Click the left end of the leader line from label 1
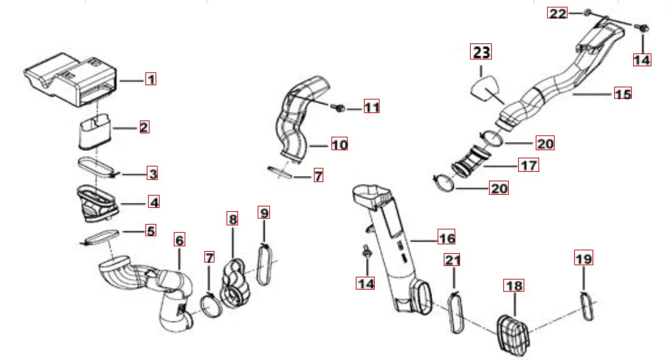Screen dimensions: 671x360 (120, 80)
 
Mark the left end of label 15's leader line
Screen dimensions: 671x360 (572, 94)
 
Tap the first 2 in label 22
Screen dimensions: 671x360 (553, 14)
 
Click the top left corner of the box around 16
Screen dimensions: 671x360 (438, 229)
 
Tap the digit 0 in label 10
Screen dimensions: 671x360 (344, 145)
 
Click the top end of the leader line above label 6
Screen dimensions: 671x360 (180, 248)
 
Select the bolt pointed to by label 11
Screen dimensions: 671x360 (339, 108)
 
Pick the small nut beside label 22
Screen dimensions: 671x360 (588, 12)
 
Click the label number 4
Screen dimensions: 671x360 (154, 202)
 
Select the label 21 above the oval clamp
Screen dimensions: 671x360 (453, 260)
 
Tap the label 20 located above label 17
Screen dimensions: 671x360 (545, 143)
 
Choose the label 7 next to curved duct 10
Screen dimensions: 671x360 (319, 175)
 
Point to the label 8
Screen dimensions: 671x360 (233, 219)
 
